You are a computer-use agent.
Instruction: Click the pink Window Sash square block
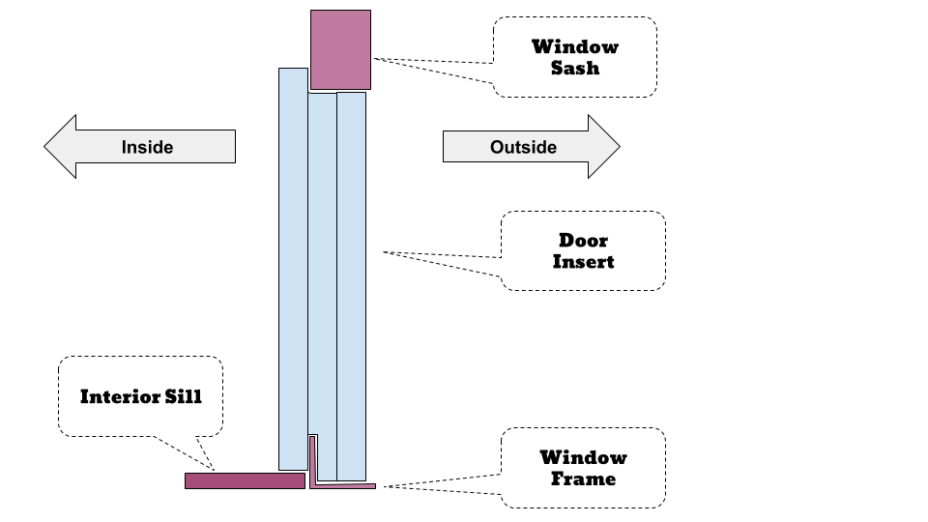pos(340,50)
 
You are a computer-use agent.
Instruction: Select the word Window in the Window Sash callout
pos(575,46)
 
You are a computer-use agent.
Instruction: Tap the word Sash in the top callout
pos(575,69)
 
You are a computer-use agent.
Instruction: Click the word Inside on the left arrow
pos(147,147)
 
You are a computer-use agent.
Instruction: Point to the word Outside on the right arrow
pos(523,147)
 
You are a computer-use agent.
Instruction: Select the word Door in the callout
pos(583,240)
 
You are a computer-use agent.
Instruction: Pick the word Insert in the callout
pos(583,262)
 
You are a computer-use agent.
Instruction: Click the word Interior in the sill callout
pos(116,396)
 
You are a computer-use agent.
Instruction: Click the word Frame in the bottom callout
pos(583,478)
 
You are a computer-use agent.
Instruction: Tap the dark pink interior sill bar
pos(245,480)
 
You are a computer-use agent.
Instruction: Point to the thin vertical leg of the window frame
pos(312,459)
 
